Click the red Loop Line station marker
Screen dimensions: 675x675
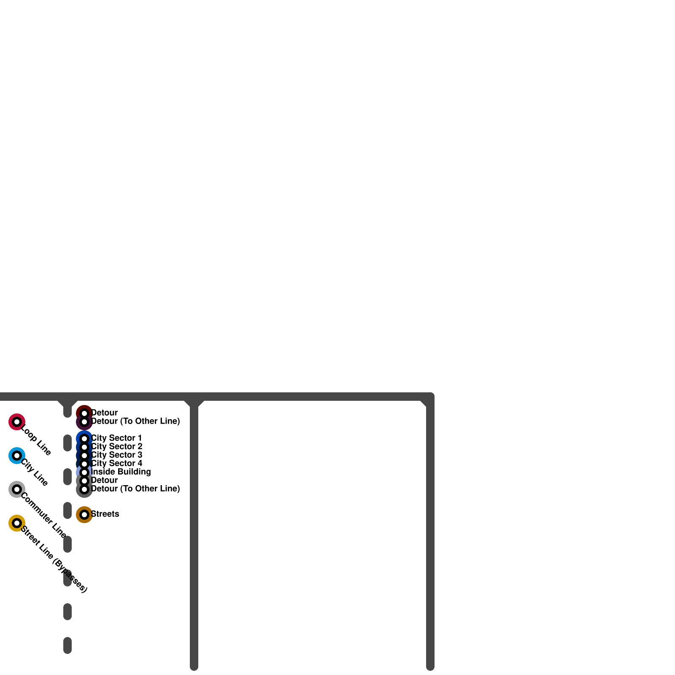[x=17, y=422]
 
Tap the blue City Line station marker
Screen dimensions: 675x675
[x=17, y=456]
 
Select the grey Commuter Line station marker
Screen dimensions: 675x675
[x=17, y=489]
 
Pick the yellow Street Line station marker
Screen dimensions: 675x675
[x=17, y=523]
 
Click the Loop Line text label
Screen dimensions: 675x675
[x=36, y=440]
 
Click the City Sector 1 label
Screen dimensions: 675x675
[x=116, y=438]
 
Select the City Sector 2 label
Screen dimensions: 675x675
[x=117, y=446]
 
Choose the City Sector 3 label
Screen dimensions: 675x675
[x=117, y=455]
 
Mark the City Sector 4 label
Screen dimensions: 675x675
[x=117, y=463]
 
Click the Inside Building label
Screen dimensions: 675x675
[x=121, y=472]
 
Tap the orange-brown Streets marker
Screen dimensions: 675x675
[x=84, y=515]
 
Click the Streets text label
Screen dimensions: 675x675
[x=105, y=514]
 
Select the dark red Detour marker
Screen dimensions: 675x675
[x=84, y=413]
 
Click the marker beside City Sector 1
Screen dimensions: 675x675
[x=84, y=439]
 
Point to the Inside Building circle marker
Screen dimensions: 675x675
[x=84, y=472]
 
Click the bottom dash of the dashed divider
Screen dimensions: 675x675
[x=67, y=645]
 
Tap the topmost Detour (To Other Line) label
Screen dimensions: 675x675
[x=135, y=421]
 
